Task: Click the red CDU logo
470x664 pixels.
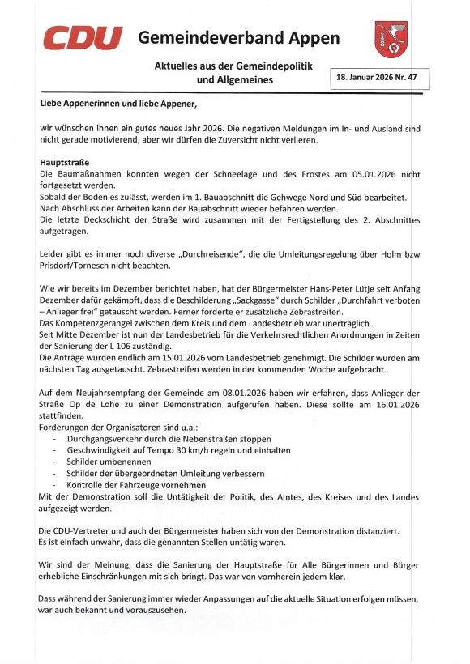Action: point(82,38)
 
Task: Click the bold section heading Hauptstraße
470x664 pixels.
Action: point(64,162)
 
